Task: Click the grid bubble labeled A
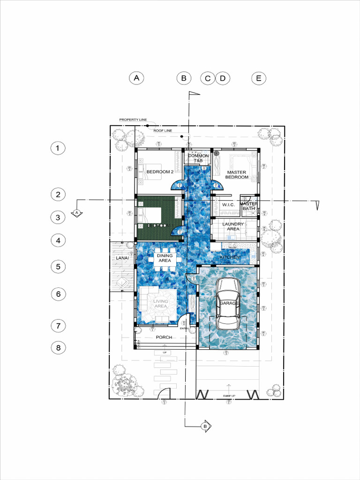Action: click(136, 78)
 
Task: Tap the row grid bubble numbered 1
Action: click(57, 149)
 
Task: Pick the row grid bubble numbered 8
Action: click(57, 348)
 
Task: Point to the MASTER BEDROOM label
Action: click(237, 175)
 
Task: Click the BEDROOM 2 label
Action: click(160, 172)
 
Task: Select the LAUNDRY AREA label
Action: click(233, 226)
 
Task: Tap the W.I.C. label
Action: click(228, 205)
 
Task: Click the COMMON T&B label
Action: click(198, 158)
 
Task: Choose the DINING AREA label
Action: click(164, 258)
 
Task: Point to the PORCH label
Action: click(164, 337)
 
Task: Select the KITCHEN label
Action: click(230, 258)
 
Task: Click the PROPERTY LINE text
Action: click(133, 120)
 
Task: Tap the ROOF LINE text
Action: click(163, 131)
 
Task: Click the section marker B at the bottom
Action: click(205, 426)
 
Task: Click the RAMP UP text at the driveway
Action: click(229, 396)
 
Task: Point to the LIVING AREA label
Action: click(161, 304)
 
